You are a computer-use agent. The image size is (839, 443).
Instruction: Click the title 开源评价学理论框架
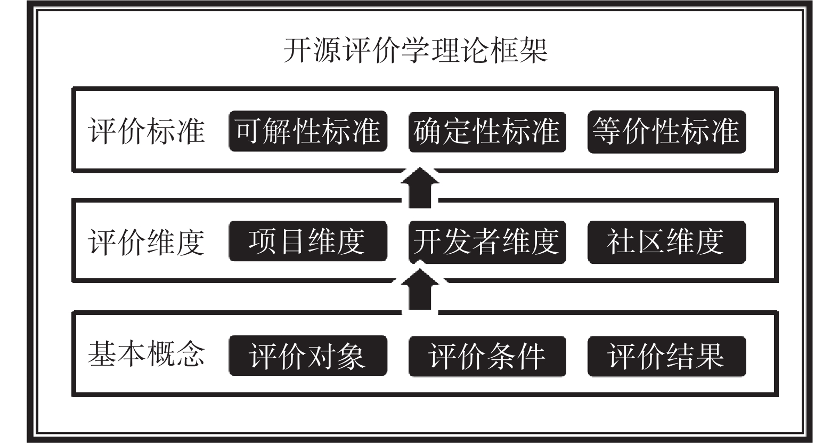pyautogui.click(x=416, y=50)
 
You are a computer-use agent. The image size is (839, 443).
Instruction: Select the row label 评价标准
pyautogui.click(x=146, y=131)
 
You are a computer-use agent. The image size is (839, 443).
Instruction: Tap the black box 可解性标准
pyautogui.click(x=308, y=131)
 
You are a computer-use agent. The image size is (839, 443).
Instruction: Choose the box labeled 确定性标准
pyautogui.click(x=487, y=132)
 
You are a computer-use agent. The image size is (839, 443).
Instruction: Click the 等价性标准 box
pyautogui.click(x=667, y=132)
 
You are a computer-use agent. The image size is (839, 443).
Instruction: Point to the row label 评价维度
pyautogui.click(x=146, y=242)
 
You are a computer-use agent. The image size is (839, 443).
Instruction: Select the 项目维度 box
pyautogui.click(x=308, y=241)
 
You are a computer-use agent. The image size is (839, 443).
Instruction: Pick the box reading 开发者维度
pyautogui.click(x=487, y=241)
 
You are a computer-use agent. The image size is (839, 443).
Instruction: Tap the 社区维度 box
pyautogui.click(x=667, y=241)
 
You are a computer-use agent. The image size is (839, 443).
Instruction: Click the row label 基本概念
pyautogui.click(x=146, y=353)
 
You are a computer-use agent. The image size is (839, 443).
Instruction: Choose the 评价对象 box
pyautogui.click(x=308, y=355)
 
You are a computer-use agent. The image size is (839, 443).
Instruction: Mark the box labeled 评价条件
pyautogui.click(x=487, y=356)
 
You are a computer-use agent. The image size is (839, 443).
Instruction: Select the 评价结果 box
pyautogui.click(x=667, y=356)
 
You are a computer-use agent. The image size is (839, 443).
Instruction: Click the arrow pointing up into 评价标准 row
pyautogui.click(x=420, y=188)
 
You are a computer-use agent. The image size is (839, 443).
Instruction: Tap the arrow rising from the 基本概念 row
pyautogui.click(x=420, y=289)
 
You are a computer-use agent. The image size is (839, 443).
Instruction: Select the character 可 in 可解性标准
pyautogui.click(x=249, y=131)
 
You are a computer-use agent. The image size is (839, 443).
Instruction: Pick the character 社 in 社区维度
pyautogui.click(x=621, y=241)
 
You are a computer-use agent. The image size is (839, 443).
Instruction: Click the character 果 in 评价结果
pyautogui.click(x=710, y=356)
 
